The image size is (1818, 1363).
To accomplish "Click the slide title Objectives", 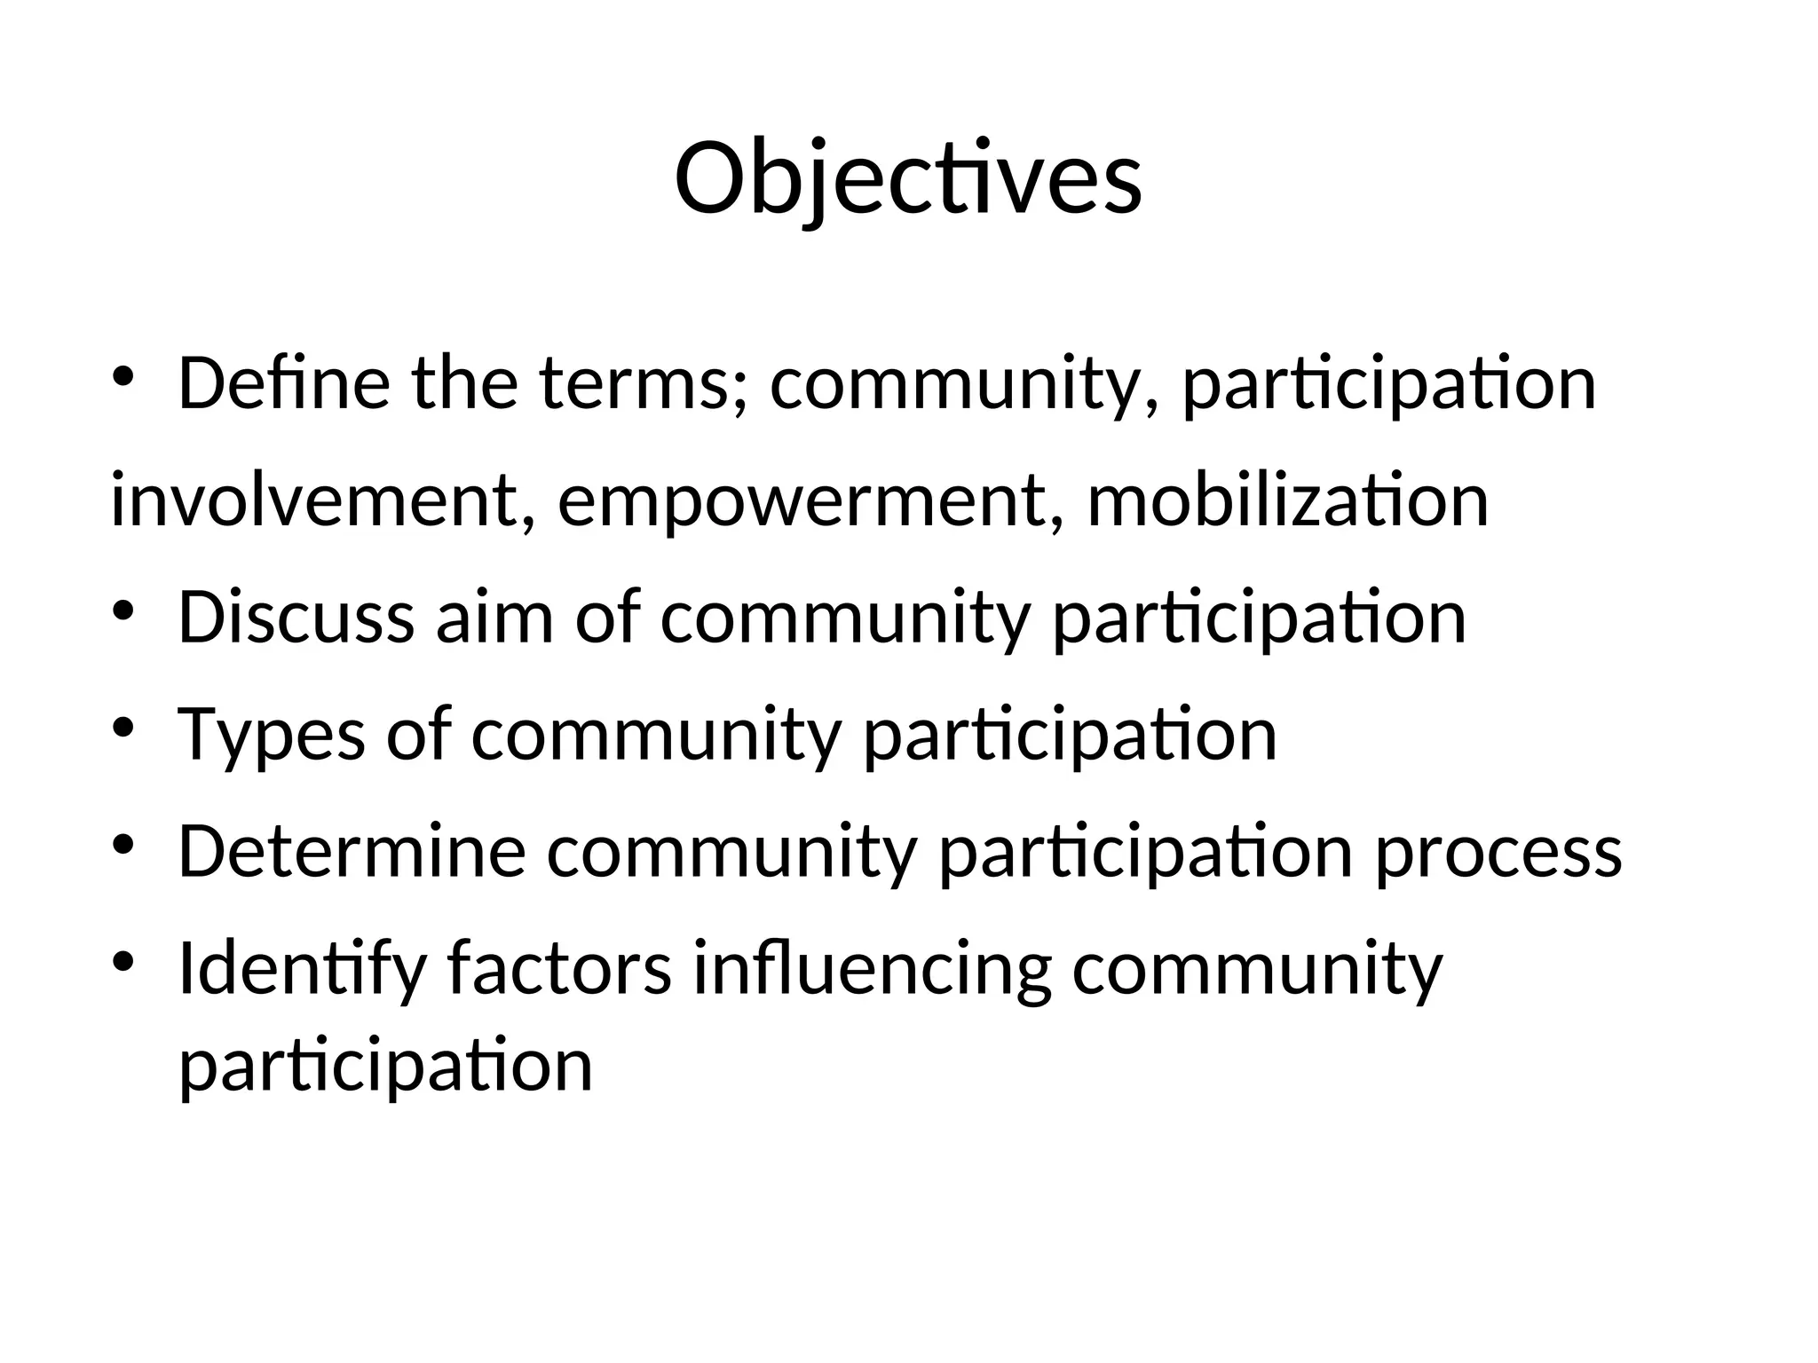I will tap(908, 179).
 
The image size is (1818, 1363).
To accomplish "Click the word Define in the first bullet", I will tap(283, 383).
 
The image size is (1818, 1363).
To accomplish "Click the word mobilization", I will tap(1287, 500).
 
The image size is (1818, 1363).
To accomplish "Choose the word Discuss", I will tap(296, 618).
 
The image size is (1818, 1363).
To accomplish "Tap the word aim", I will tap(494, 618).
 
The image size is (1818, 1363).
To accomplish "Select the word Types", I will tap(271, 735).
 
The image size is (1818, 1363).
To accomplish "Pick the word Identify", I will tap(303, 969).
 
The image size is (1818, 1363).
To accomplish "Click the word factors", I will tap(559, 969).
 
